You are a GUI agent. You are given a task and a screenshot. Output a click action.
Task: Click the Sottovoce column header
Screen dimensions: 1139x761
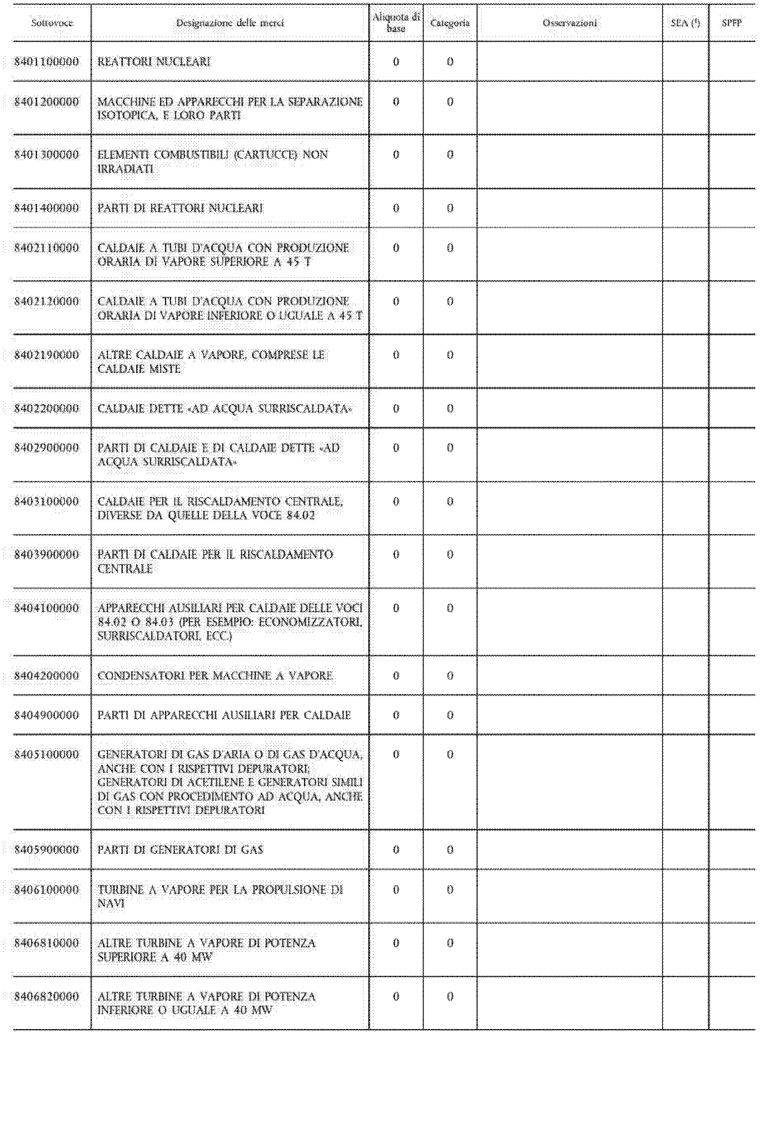(52, 23)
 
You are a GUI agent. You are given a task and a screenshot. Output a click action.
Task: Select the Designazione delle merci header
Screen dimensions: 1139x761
(229, 23)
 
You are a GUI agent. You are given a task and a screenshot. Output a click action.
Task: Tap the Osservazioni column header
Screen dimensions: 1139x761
(570, 23)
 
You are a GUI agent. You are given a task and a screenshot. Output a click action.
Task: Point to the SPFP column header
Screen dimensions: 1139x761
(731, 23)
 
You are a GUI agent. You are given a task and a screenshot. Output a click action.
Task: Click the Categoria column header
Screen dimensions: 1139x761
(450, 23)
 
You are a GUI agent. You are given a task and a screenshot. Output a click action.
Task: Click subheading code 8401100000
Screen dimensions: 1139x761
(47, 62)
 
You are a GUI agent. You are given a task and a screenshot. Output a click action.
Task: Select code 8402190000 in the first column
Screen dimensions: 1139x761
(47, 354)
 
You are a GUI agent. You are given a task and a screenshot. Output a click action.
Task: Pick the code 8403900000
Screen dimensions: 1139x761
(47, 554)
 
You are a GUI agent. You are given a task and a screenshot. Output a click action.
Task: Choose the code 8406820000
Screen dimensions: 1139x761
(47, 996)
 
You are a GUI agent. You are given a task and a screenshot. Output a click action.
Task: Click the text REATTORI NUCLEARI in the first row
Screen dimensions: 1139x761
(154, 62)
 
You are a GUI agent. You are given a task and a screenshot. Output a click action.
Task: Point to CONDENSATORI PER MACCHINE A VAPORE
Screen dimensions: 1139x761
(215, 675)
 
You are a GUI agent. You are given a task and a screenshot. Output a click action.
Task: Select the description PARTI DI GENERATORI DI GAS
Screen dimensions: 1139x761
(180, 849)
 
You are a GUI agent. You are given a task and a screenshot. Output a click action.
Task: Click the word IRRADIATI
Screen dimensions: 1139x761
(125, 169)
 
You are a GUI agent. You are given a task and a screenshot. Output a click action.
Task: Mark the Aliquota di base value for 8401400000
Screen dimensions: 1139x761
(396, 208)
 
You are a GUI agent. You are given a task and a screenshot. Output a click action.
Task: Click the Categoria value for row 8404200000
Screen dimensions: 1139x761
(450, 675)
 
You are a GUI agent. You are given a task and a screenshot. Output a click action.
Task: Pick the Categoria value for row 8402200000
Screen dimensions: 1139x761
(450, 409)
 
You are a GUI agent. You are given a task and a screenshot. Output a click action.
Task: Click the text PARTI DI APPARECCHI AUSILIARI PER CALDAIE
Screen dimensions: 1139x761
(224, 715)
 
